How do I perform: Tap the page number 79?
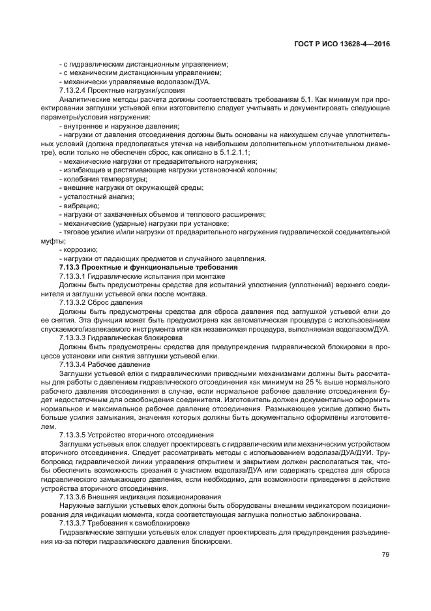click(385, 555)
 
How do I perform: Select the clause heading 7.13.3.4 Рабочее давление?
click(106, 364)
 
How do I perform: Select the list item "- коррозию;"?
click(78, 249)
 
